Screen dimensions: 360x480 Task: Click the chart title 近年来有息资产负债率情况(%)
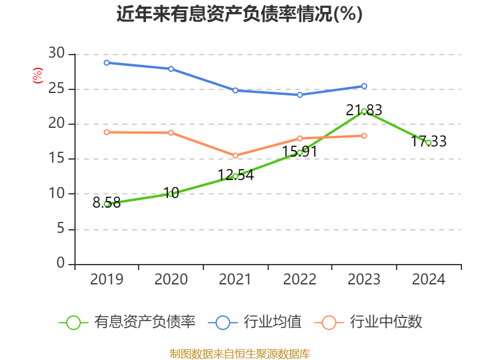tap(239, 14)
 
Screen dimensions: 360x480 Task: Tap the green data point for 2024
tap(428, 143)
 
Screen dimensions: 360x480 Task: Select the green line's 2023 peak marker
tap(364, 111)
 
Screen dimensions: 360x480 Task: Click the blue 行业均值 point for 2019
tap(107, 62)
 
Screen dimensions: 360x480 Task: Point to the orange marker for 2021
tap(235, 155)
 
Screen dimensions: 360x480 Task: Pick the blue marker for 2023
tap(364, 86)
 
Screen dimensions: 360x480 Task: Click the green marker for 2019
tap(107, 204)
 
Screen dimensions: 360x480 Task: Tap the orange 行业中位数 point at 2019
tap(107, 132)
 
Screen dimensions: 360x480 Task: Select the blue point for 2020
tap(171, 69)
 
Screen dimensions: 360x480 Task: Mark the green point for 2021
tap(235, 176)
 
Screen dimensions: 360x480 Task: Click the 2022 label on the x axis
tap(299, 280)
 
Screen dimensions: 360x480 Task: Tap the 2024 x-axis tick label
tap(428, 280)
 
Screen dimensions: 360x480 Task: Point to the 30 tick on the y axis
tap(56, 54)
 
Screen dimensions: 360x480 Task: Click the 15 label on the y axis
tap(56, 159)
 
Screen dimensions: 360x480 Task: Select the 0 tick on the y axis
tap(60, 263)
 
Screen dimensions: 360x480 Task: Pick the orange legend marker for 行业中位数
tap(329, 322)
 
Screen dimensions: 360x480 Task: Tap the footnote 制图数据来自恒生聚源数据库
tap(239, 353)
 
